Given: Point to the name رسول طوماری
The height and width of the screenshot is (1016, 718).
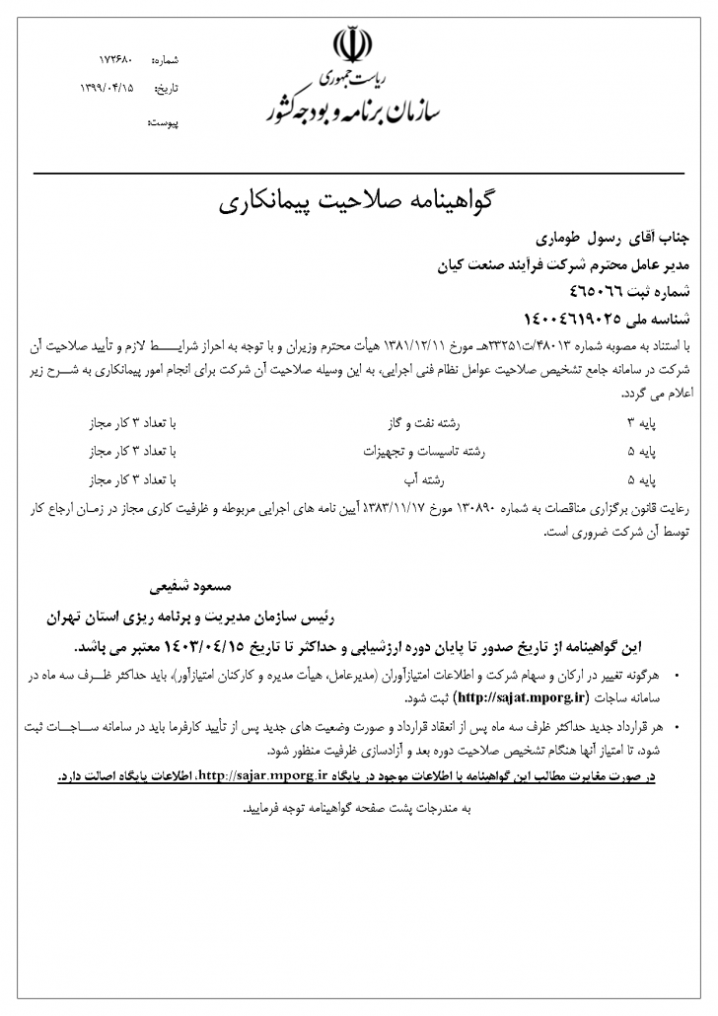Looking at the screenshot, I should coord(568,239).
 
